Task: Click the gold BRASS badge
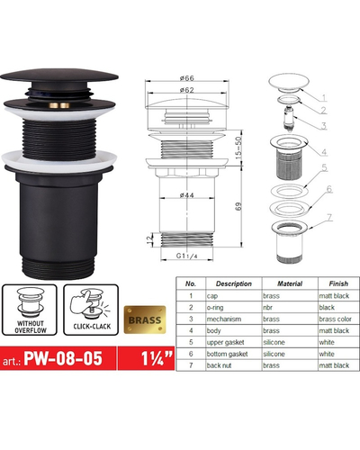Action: [x=145, y=319]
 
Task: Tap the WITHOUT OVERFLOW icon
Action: [x=30, y=310]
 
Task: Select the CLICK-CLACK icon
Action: [x=91, y=310]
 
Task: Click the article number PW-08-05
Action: [x=63, y=358]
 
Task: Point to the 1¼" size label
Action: [x=157, y=358]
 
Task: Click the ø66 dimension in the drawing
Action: [x=187, y=78]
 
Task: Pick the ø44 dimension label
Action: [x=187, y=195]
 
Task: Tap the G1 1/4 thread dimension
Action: [x=186, y=256]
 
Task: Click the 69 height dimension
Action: [x=238, y=206]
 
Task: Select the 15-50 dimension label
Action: [x=238, y=148]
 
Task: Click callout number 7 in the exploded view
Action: [x=329, y=218]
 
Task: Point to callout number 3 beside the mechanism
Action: [x=324, y=126]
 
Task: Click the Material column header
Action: [x=290, y=283]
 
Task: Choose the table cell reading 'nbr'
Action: [x=268, y=307]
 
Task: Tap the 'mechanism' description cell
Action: [x=224, y=319]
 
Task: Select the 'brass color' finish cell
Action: [x=335, y=319]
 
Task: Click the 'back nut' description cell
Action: [x=219, y=365]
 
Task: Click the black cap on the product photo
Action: [x=59, y=76]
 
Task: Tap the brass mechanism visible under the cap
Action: [x=59, y=105]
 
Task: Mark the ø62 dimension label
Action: [x=187, y=90]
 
